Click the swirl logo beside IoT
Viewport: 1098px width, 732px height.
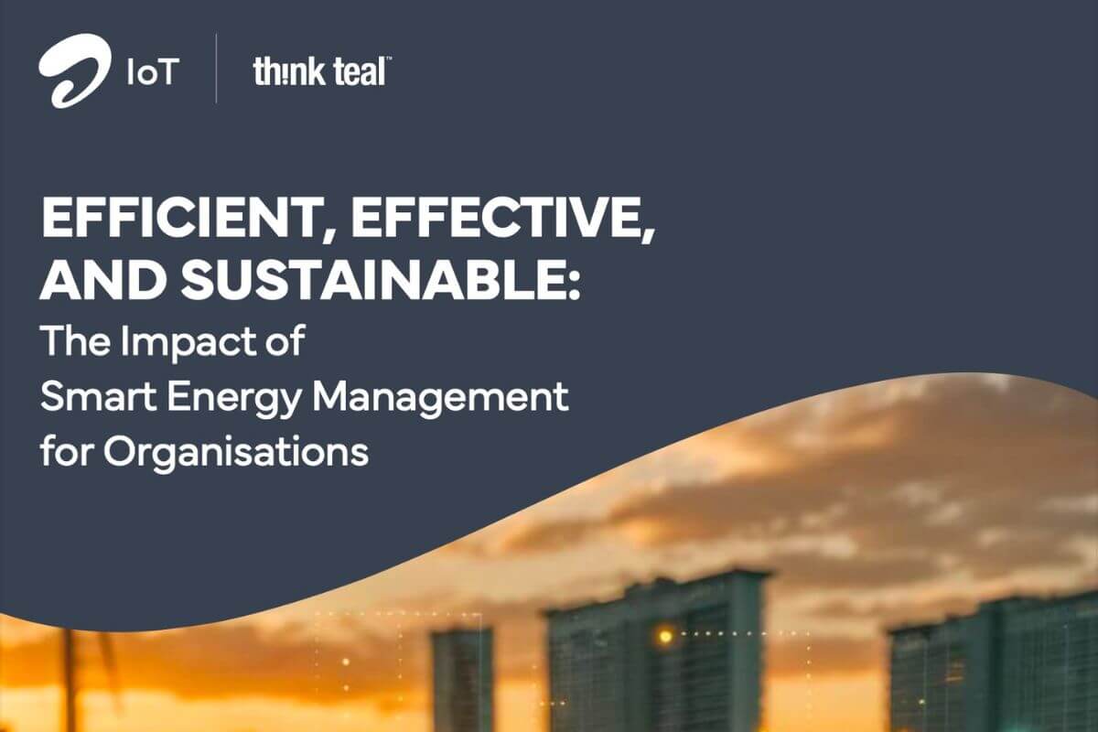(73, 70)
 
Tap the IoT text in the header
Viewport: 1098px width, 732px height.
(148, 71)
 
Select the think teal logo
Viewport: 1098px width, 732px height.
(319, 71)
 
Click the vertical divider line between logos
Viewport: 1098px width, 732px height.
(217, 70)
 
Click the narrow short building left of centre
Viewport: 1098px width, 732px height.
(462, 677)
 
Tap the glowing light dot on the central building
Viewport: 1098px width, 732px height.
(665, 634)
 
